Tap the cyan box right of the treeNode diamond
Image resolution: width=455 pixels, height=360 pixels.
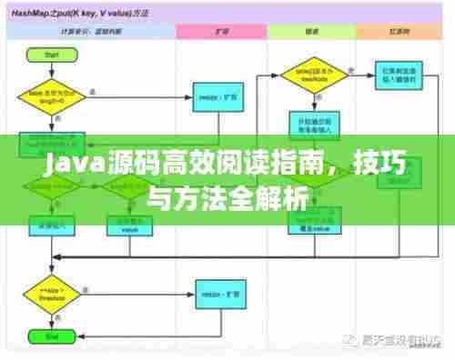pyautogui.click(x=399, y=74)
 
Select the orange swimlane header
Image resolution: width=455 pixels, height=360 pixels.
pyautogui.click(x=399, y=31)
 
